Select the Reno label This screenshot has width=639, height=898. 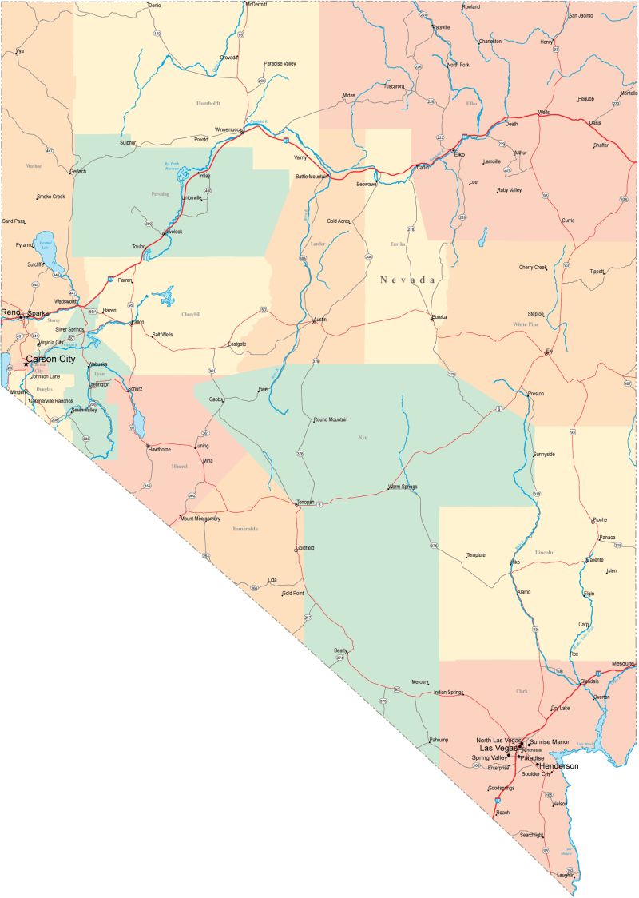pos(10,312)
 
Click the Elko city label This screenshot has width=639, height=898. pos(459,154)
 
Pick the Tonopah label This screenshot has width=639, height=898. pos(306,502)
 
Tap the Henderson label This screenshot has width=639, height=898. pos(559,765)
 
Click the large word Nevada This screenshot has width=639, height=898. pos(408,280)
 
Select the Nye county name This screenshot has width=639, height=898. pos(363,437)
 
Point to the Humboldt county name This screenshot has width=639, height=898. pos(208,103)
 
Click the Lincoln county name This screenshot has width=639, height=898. pos(544,552)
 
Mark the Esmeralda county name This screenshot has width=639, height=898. pos(245,529)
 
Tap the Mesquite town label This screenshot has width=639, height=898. pos(622,664)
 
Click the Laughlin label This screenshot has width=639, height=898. pos(565,875)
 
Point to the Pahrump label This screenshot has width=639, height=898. pos(439,741)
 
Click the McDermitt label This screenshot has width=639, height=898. pos(256,4)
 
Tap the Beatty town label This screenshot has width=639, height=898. pos(340,650)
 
